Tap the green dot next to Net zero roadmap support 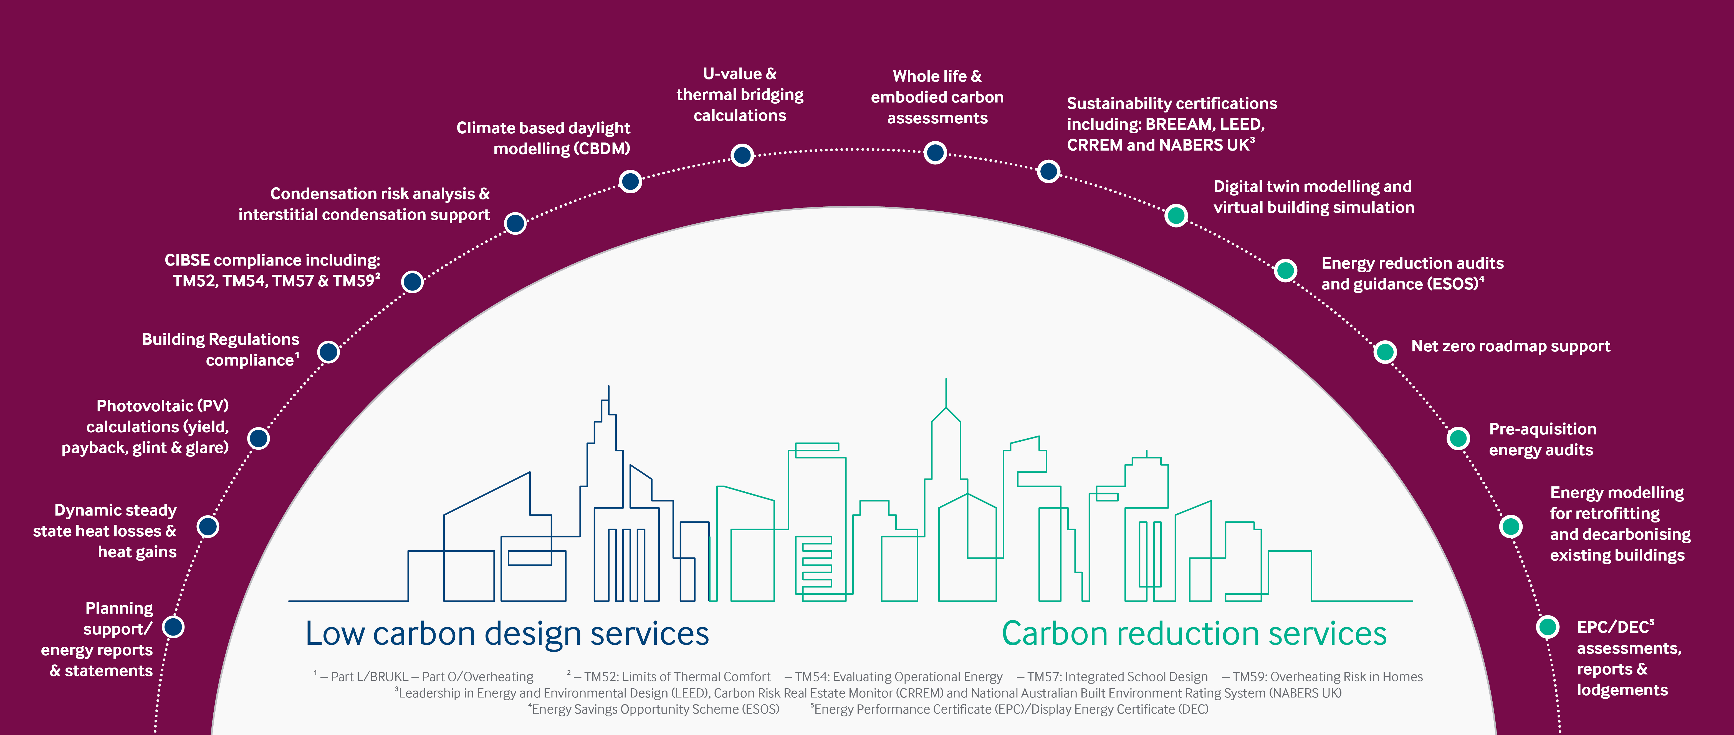1385,352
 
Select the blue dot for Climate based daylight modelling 630,181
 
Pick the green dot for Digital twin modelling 1175,216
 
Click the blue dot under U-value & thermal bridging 742,155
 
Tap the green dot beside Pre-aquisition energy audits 1458,439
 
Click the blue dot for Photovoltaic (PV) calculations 259,439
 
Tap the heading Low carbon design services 507,633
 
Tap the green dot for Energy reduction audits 1285,270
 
